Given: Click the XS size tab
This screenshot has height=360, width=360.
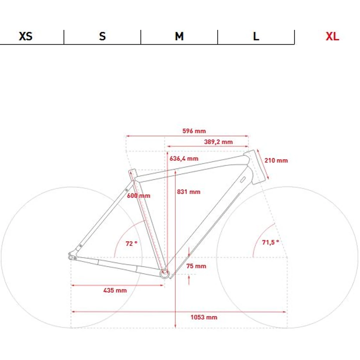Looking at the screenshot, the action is coord(25,36).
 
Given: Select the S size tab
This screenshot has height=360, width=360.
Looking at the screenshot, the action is coord(102,36).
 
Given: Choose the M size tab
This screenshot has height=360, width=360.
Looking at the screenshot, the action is coord(179,36).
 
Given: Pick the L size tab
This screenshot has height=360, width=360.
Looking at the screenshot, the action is coord(256,36).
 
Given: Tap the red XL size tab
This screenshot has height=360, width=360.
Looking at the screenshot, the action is coord(332,36).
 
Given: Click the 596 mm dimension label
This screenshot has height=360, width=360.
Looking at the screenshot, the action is coord(194,131).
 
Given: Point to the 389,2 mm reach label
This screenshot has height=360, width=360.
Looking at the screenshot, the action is coord(218,142).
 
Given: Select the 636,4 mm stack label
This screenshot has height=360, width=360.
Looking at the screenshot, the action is coord(184,159).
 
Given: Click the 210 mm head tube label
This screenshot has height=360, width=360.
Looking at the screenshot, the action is coord(276,160).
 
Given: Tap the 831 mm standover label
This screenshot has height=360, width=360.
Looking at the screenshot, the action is coord(188,192).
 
